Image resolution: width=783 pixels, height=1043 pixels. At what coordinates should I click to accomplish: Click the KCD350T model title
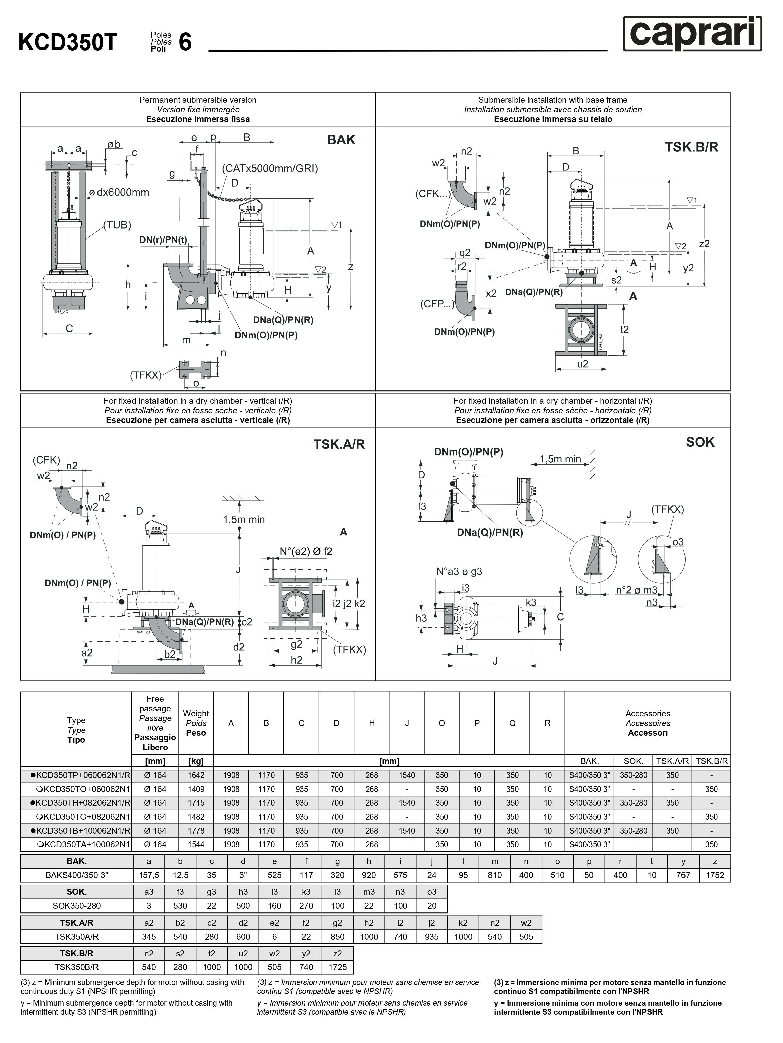67,42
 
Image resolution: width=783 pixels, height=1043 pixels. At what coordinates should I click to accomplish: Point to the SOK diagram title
700,442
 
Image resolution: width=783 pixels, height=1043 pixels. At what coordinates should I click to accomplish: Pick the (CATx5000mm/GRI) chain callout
270,168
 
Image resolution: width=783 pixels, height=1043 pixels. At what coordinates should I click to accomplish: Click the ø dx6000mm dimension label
119,192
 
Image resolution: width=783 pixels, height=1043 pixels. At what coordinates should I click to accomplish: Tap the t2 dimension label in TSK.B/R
624,330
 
